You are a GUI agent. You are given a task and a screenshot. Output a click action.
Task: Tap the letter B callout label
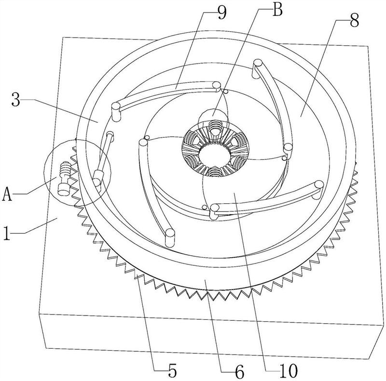coord(277,10)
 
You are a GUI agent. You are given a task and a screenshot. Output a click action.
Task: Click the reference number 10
coord(288,371)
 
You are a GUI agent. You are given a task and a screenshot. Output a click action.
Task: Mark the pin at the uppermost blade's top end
coord(258,64)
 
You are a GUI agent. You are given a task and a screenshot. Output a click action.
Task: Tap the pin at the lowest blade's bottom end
coord(170,237)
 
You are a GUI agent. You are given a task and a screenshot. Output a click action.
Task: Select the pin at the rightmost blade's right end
coord(319,186)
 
